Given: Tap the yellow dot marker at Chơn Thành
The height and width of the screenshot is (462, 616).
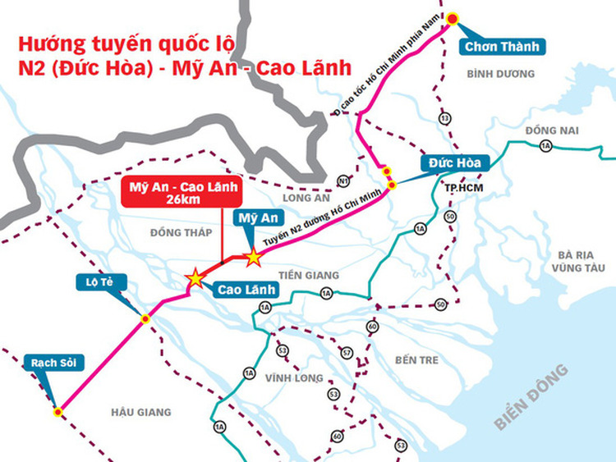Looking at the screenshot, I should click(x=452, y=19).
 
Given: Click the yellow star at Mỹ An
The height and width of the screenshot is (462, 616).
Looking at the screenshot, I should click(x=253, y=258).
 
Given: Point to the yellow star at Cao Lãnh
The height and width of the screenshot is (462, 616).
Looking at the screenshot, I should click(x=195, y=278).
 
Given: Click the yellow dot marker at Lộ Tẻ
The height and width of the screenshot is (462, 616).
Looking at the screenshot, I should click(x=145, y=318).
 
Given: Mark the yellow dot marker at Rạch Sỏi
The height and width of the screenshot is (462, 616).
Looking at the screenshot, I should click(x=57, y=412).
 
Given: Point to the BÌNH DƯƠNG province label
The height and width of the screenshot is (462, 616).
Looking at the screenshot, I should click(x=500, y=74).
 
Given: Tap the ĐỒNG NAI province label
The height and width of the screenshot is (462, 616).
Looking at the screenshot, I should click(x=553, y=130).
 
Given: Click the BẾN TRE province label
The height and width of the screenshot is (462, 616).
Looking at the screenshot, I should click(x=416, y=359).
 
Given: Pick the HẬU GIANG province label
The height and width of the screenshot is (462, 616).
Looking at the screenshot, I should click(x=140, y=412).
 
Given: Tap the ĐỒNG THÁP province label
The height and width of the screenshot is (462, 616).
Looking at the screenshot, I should click(x=181, y=232).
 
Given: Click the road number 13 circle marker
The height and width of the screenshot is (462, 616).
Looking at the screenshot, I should click(x=445, y=118).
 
